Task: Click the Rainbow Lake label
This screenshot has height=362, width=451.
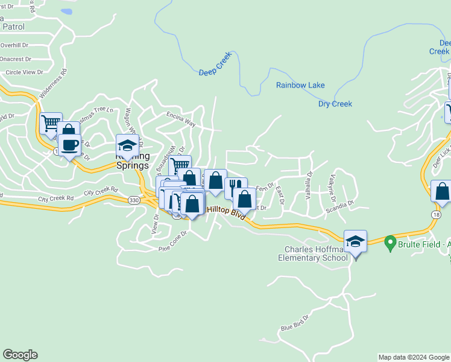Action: pos(300,85)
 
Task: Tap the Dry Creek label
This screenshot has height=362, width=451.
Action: pos(335,104)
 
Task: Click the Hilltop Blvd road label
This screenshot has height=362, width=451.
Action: pos(226,211)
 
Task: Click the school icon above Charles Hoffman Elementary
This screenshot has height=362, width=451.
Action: pos(355,241)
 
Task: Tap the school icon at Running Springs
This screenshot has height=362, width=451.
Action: pos(127,145)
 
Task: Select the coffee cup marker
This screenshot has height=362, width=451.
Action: pos(70,145)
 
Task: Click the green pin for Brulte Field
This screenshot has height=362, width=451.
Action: pos(389,244)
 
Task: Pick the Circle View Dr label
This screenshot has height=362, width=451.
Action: pos(24,72)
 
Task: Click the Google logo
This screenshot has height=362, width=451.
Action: pos(20,355)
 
